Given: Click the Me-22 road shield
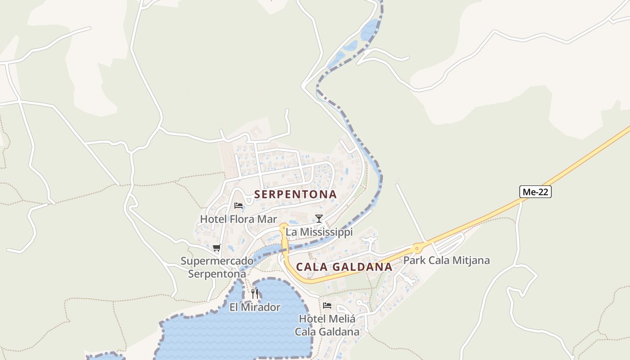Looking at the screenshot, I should point(535,192).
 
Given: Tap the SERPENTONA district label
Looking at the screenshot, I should point(295,194).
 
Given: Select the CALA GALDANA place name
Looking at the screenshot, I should point(344,267).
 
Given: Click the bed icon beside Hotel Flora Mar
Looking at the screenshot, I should point(238,206).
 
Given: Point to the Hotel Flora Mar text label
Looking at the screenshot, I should point(238,220).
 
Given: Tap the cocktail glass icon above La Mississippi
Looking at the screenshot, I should point(319,219).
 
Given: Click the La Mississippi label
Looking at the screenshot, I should point(319,232).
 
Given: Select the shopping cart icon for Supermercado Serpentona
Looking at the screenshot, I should point(217,247).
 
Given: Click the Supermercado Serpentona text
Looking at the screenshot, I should point(217,267).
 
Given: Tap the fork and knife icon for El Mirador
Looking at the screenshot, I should point(255,294).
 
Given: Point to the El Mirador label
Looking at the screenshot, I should point(255,307).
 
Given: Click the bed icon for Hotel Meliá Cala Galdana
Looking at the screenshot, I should point(327,306).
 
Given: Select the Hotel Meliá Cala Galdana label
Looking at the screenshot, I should point(327,325).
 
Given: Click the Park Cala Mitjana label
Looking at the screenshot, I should point(446,260).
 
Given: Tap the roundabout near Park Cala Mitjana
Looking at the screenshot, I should point(418,247).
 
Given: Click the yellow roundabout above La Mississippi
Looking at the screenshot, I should point(283,227).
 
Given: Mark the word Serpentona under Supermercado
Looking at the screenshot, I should point(217,274).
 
